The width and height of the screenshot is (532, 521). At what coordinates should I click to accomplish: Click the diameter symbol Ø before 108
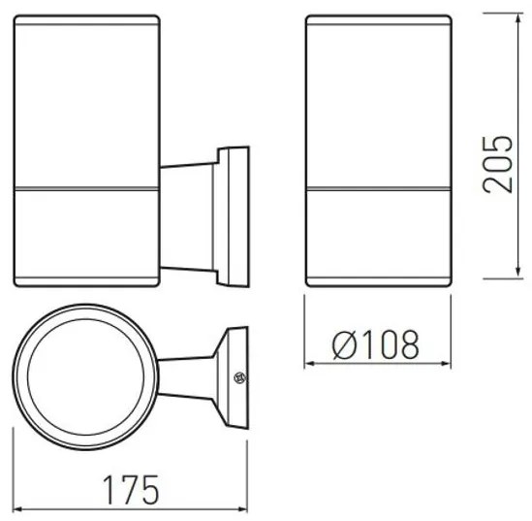(x=339, y=343)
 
